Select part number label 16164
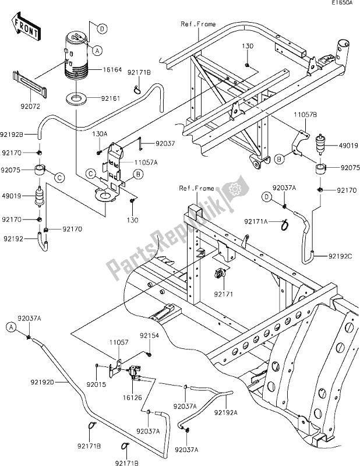[112, 70]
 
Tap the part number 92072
[30, 106]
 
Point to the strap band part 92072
[30, 84]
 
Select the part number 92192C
[340, 256]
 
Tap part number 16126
[132, 398]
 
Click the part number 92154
[149, 336]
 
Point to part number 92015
[96, 384]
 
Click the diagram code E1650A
[342, 3]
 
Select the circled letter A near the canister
[97, 51]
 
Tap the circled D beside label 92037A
[267, 197]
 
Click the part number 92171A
[256, 221]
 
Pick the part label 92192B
[12, 135]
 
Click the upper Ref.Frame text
[198, 24]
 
